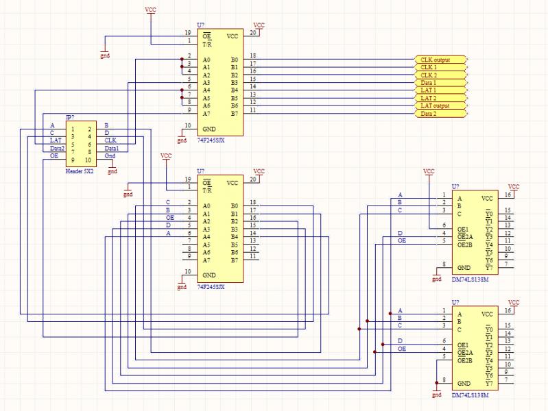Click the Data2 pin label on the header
(57, 148)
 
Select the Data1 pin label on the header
(112, 148)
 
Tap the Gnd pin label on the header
(109, 155)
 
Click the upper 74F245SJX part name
(211, 139)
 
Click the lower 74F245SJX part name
(211, 287)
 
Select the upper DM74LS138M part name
(470, 279)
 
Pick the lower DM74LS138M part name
(470, 395)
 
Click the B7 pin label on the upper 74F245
(235, 113)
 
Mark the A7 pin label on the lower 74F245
(206, 260)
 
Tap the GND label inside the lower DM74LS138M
(464, 382)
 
